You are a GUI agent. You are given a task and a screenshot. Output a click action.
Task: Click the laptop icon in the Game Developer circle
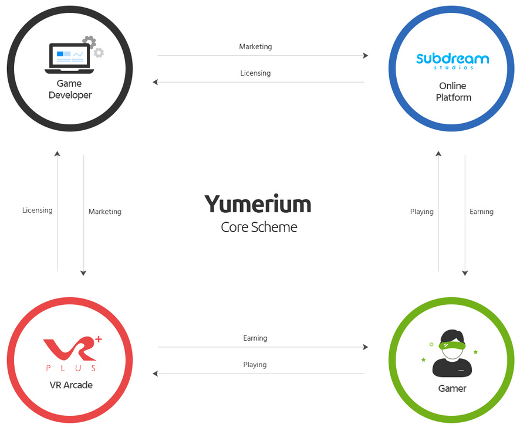tap(69, 58)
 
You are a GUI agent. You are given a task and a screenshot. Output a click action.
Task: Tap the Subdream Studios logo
tap(452, 60)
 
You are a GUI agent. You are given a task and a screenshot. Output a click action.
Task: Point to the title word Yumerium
tap(258, 204)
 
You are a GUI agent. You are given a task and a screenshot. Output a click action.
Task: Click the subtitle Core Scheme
tap(259, 228)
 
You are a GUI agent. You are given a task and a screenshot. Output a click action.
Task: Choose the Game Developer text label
tap(70, 89)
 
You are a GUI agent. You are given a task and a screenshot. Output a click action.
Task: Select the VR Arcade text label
tap(71, 385)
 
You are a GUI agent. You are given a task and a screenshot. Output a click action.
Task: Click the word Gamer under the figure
tap(452, 388)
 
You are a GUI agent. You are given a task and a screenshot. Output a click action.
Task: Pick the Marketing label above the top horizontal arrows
tap(255, 46)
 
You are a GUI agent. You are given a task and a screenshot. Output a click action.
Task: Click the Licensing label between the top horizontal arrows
tap(255, 73)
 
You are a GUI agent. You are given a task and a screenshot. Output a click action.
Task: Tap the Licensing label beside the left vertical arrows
tap(38, 210)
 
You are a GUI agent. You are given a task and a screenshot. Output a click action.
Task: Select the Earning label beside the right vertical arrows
tap(481, 212)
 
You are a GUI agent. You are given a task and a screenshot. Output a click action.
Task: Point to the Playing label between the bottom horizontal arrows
tap(255, 365)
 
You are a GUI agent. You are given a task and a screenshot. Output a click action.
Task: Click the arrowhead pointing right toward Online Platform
tap(366, 56)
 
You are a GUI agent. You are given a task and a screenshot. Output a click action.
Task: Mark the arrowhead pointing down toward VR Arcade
tap(83, 273)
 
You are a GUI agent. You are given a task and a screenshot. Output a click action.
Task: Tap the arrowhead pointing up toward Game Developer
tap(57, 154)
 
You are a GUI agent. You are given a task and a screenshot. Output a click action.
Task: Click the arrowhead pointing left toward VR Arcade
tap(156, 374)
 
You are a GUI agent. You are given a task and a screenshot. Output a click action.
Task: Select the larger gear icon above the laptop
tap(89, 42)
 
